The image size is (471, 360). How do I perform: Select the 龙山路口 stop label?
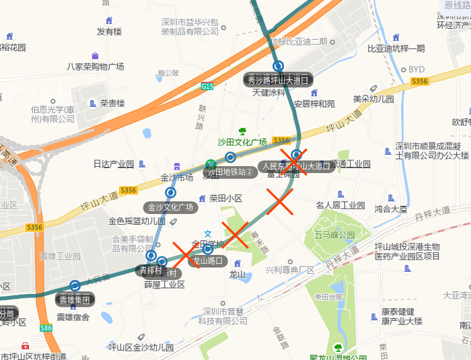(208, 261)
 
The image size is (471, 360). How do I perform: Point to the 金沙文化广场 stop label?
(171, 207)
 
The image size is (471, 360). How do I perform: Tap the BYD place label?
(416, 69)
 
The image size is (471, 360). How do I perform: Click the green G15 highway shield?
(207, 86)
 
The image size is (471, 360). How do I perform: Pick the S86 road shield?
(46, 328)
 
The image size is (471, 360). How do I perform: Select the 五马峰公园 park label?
(334, 235)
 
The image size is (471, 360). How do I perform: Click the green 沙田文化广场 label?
(242, 142)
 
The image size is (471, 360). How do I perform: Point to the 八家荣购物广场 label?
(96, 67)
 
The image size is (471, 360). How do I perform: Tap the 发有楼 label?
(109, 31)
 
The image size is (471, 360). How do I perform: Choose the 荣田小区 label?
(225, 199)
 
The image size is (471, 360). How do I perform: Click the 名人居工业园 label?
(340, 205)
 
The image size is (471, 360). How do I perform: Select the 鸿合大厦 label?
(391, 209)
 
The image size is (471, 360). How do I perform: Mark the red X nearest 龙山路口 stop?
(188, 254)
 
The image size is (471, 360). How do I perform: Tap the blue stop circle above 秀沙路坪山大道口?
(278, 66)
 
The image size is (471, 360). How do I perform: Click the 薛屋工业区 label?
(164, 285)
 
